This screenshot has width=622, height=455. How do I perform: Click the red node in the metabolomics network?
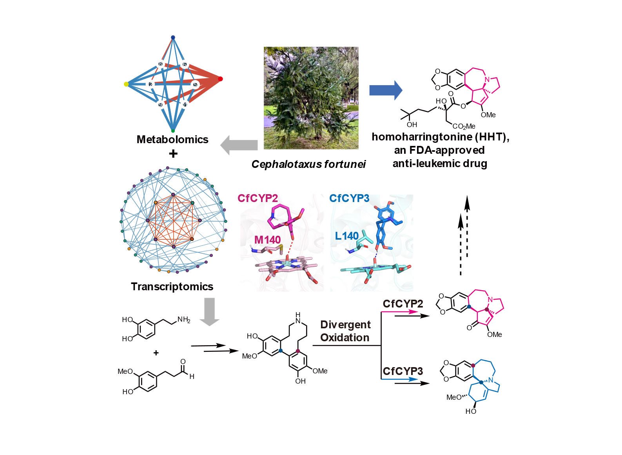221,79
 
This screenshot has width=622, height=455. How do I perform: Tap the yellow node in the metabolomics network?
126,84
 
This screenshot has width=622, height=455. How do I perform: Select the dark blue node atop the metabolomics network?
173,37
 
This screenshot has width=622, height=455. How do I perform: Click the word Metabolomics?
172,139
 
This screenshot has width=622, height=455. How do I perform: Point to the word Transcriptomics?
172,287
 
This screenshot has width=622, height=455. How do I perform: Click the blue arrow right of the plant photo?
386,90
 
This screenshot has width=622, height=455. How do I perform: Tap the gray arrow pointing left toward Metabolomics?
239,145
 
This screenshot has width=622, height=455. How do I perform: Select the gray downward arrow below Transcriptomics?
210,312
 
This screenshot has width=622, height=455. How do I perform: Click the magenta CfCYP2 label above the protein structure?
258,198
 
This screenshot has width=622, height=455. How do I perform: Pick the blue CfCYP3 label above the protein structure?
349,198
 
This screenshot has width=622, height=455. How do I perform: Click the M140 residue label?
267,240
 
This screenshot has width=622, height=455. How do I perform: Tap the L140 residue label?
347,236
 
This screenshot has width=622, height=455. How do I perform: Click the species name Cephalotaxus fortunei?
308,164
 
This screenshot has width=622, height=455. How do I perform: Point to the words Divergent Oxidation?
345,331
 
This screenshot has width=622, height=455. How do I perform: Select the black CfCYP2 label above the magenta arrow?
403,304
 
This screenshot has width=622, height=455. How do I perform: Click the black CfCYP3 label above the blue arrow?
403,371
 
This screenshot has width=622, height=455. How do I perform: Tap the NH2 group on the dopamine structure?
184,320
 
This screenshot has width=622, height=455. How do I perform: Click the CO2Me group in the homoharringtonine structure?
464,126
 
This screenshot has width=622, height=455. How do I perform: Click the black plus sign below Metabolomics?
173,154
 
